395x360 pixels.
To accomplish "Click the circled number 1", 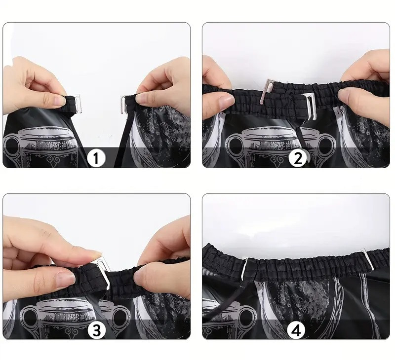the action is [x=96, y=159].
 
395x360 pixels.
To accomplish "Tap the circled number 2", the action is [x=298, y=159].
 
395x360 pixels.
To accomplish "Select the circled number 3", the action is [x=97, y=330].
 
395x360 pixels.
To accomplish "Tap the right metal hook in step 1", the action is [x=123, y=105].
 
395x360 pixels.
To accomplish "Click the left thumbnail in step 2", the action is [x=227, y=101].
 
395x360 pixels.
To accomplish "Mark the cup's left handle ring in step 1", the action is [x=11, y=145].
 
